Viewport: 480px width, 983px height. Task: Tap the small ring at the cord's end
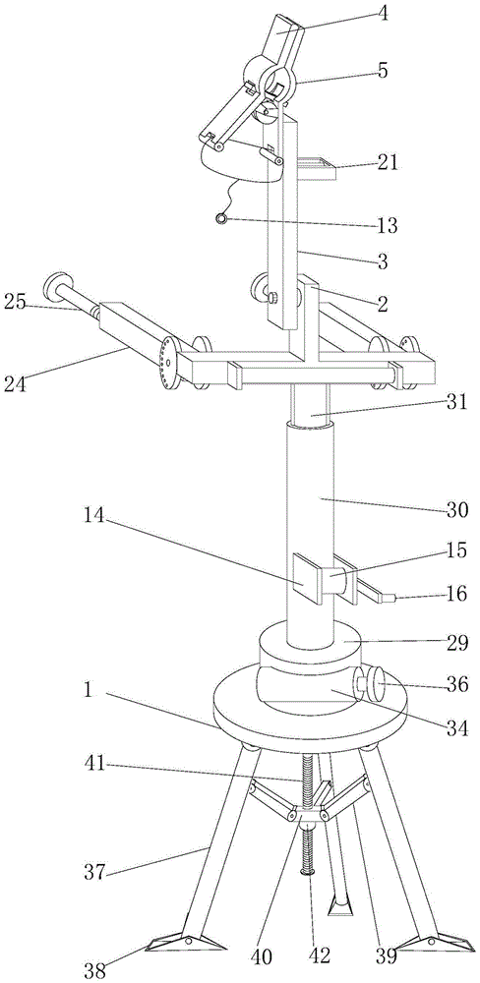pyautogui.click(x=221, y=218)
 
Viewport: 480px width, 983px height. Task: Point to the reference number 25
pyautogui.click(x=14, y=302)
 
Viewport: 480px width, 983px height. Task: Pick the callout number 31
pyautogui.click(x=457, y=402)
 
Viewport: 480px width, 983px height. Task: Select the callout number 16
pyautogui.click(x=457, y=593)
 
